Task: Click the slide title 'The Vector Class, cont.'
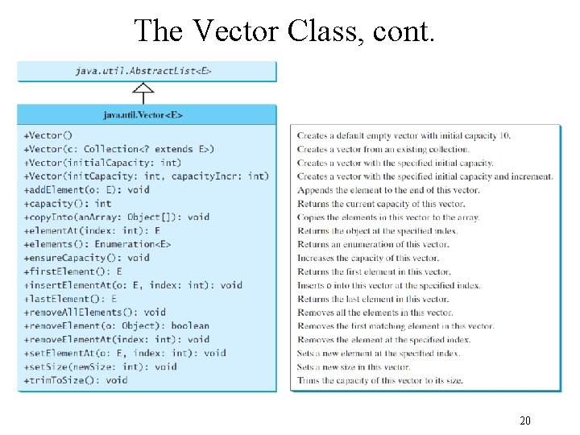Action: (285, 31)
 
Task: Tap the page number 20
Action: (525, 420)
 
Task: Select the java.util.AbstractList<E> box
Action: (147, 71)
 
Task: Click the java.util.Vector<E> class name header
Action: (147, 115)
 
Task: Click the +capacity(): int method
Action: (68, 204)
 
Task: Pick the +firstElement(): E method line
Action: (73, 271)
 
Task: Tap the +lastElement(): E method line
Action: (71, 299)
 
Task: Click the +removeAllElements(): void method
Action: (95, 313)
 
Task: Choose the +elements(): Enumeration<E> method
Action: (97, 244)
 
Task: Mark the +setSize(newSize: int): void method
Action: (100, 367)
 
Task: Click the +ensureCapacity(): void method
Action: (87, 258)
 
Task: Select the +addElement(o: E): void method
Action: (87, 190)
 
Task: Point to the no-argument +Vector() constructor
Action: (48, 135)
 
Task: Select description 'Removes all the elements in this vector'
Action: (375, 313)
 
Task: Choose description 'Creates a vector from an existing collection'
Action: (383, 149)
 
